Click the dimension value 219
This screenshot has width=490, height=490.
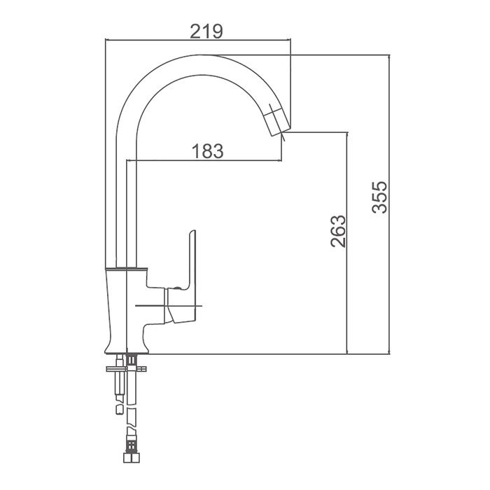pyautogui.click(x=206, y=31)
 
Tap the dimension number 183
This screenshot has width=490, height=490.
pyautogui.click(x=207, y=151)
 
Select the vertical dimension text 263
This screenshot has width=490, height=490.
pyautogui.click(x=338, y=231)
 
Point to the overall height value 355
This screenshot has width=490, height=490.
pyautogui.click(x=379, y=197)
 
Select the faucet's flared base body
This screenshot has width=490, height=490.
pyautogui.click(x=126, y=311)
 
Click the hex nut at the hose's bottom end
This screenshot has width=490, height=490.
pyautogui.click(x=132, y=458)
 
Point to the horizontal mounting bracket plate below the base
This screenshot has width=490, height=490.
pyautogui.click(x=126, y=369)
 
